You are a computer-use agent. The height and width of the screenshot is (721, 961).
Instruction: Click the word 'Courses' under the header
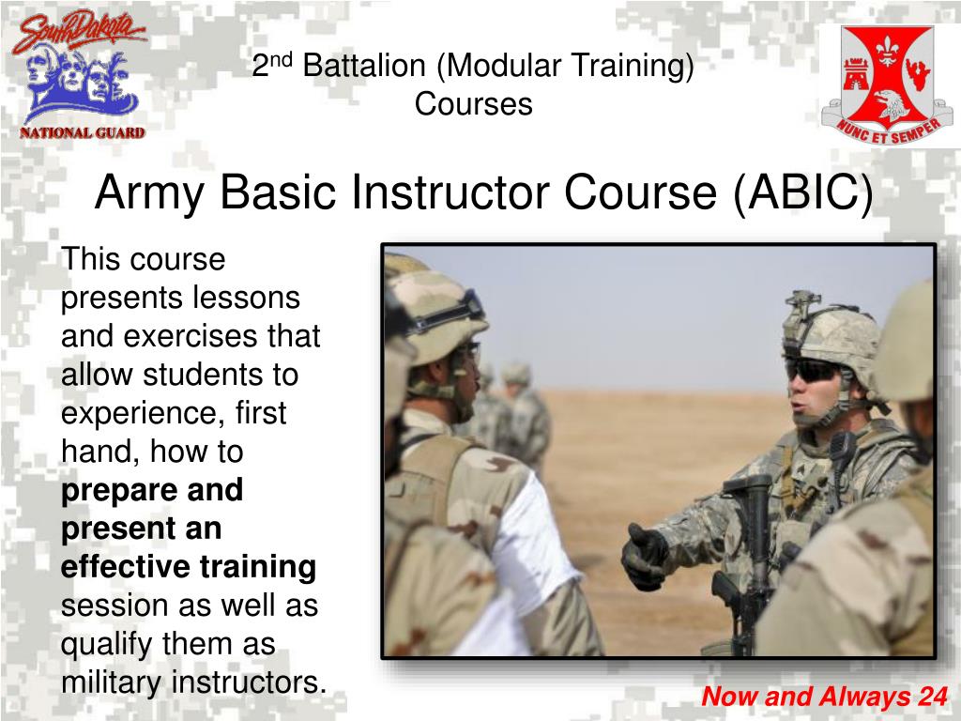(474, 104)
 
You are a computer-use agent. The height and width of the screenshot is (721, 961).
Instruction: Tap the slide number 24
(933, 697)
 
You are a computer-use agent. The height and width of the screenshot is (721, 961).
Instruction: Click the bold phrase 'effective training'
(189, 567)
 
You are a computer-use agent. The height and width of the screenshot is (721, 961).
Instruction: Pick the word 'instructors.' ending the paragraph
(248, 683)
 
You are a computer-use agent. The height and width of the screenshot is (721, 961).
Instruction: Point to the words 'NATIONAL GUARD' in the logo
(83, 132)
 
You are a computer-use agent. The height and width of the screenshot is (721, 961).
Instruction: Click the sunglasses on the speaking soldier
(813, 370)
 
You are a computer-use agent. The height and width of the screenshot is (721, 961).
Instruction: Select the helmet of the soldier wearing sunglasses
(830, 329)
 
